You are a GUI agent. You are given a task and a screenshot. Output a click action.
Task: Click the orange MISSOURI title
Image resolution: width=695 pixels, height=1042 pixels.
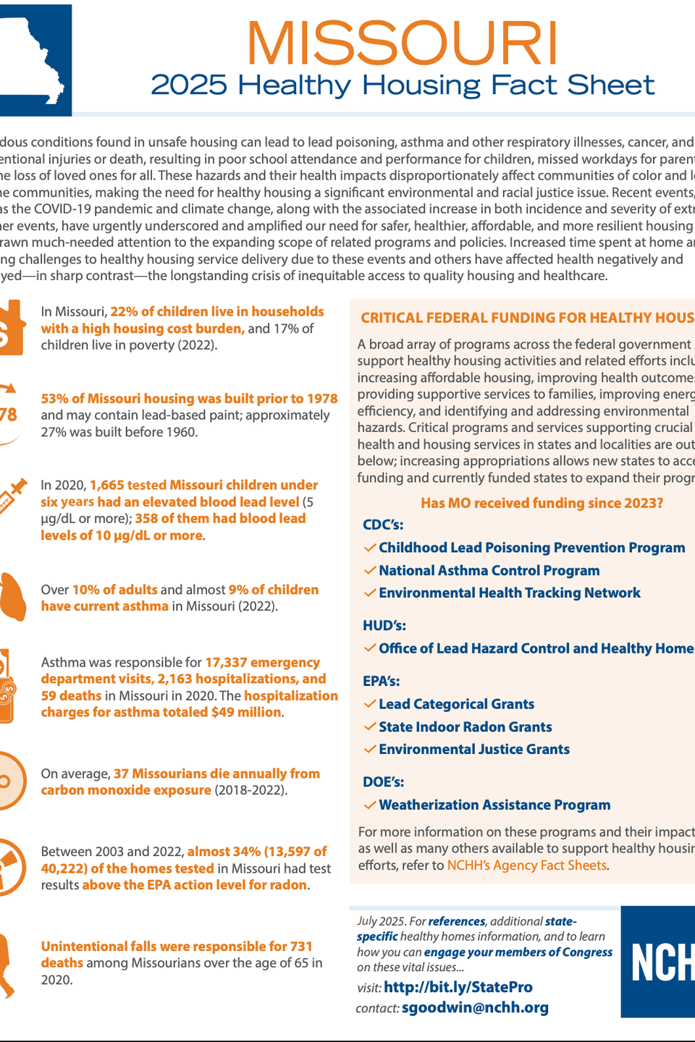click(403, 43)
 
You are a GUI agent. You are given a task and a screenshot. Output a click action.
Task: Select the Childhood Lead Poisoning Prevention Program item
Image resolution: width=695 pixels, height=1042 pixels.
click(531, 548)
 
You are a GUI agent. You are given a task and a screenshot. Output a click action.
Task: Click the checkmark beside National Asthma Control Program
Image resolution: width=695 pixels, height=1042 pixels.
click(370, 571)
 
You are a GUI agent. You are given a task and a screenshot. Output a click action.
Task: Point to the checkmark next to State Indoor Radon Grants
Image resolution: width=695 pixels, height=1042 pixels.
click(370, 727)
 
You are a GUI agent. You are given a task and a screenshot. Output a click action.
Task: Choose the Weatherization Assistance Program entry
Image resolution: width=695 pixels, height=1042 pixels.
click(494, 805)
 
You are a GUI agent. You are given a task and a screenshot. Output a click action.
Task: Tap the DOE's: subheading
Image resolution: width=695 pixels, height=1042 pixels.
click(384, 782)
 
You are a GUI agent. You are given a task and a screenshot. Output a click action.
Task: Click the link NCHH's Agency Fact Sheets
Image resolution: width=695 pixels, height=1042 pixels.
click(526, 865)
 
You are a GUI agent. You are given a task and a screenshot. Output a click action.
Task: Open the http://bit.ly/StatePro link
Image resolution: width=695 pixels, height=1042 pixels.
click(458, 988)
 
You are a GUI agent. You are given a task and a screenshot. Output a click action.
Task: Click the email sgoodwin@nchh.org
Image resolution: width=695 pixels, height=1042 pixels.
click(475, 1008)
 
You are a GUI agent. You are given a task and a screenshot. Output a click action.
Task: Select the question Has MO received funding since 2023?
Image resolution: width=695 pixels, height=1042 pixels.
click(542, 504)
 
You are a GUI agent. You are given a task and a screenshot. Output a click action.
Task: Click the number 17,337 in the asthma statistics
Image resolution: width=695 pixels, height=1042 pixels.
click(227, 663)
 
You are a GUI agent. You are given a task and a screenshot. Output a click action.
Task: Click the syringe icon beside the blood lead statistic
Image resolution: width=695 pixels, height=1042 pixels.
click(13, 496)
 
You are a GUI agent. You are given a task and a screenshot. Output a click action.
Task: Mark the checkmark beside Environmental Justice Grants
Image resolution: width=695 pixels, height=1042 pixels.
click(370, 750)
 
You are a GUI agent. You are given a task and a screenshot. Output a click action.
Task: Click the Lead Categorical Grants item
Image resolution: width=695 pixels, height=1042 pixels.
click(456, 705)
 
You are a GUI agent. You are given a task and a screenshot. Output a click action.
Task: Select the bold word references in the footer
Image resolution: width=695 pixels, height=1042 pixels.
click(456, 921)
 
